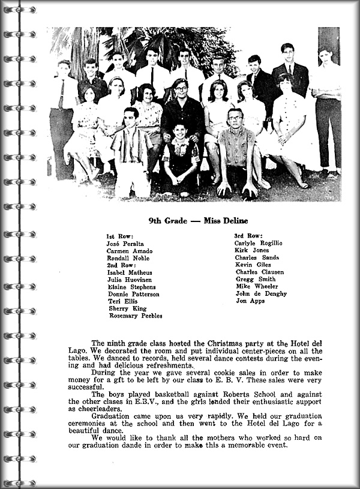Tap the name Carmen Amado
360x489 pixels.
(129, 251)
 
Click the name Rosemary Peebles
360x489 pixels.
(136, 316)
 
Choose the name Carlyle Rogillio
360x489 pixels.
(258, 243)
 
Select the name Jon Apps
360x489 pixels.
(249, 301)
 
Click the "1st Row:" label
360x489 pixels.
(120, 236)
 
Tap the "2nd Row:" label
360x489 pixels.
(121, 265)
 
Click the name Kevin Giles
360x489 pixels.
(253, 265)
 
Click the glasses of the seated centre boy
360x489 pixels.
(181, 90)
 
